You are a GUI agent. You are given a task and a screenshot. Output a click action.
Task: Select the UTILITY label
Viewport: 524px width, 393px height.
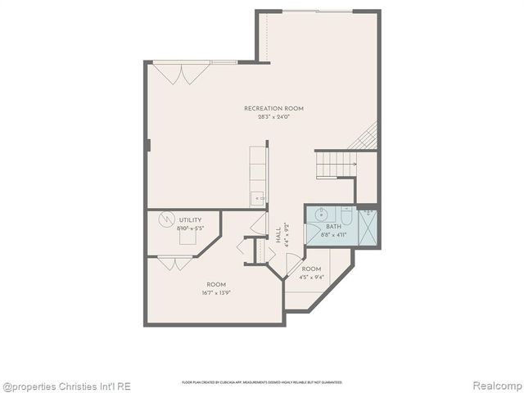190,220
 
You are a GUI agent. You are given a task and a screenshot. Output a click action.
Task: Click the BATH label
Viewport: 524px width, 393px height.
333,227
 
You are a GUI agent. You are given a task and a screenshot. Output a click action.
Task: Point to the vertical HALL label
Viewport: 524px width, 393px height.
279,235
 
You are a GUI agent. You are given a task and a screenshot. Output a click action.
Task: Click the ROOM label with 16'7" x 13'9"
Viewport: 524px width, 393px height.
215,284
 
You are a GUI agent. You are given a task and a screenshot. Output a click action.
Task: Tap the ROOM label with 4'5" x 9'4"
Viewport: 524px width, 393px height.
311,269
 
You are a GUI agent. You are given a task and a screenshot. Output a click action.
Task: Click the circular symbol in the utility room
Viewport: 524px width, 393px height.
167,219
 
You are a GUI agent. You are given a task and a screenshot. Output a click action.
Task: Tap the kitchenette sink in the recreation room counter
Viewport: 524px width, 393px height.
257,197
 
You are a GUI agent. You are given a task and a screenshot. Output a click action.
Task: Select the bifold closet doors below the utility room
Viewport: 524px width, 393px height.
174,263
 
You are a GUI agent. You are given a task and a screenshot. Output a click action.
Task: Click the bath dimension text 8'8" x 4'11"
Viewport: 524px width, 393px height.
333,235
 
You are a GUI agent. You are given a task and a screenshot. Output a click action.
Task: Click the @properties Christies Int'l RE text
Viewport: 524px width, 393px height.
66,386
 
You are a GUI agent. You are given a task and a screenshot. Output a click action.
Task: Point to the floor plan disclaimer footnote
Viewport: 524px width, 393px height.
261,382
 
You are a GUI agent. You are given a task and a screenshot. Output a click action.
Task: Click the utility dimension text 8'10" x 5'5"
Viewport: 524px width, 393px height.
189,228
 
